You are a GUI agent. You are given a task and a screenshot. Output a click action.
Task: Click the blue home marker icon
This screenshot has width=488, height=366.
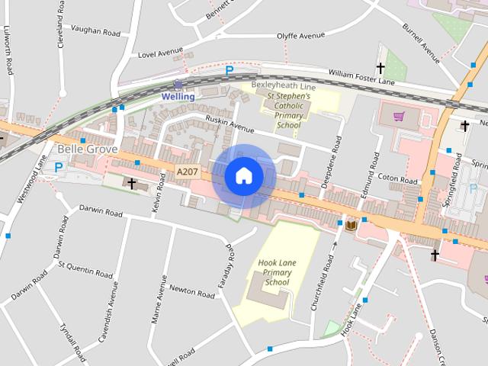(x=244, y=176)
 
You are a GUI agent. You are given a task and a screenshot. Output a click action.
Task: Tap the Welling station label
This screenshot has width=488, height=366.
(x=178, y=97)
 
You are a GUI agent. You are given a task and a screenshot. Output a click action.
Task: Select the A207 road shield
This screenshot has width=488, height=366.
(x=187, y=172)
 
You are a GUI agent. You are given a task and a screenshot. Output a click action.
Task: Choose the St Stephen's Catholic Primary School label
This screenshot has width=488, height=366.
(x=288, y=111)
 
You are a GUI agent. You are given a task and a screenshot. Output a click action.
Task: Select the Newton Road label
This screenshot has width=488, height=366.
(x=191, y=291)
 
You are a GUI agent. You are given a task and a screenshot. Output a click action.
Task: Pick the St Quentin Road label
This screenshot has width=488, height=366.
(x=85, y=270)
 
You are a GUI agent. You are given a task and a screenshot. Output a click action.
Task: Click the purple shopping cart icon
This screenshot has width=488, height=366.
(x=398, y=117)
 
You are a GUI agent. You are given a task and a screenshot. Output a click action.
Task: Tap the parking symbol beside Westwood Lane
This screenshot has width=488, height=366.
(x=59, y=167)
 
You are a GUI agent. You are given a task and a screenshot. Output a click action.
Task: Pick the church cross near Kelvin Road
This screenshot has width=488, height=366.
(x=132, y=184)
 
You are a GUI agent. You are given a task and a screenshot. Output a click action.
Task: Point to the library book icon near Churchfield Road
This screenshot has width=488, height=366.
(x=351, y=226)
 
